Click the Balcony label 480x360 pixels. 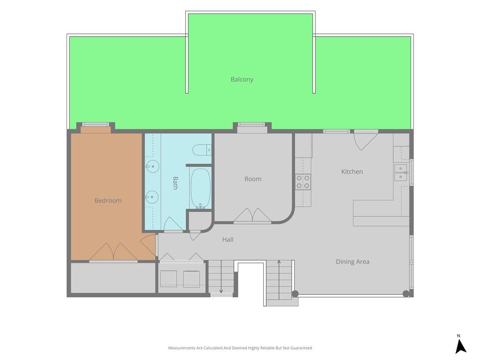[x=242, y=79]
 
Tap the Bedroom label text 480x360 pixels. [x=108, y=201]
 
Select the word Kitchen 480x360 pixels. [x=352, y=172]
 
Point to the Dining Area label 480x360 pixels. [x=352, y=262]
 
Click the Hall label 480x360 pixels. [x=228, y=240]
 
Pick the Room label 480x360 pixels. [x=253, y=179]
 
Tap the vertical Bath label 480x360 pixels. [x=175, y=183]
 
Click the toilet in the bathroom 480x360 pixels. [x=202, y=150]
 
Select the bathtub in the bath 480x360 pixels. [x=201, y=188]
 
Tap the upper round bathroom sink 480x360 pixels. [x=153, y=167]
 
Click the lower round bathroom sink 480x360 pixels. [x=152, y=197]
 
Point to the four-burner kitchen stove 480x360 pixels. [x=303, y=182]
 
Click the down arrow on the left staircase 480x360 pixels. [x=221, y=277]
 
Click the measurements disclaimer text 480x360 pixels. [x=240, y=348]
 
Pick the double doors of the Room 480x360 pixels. [x=253, y=215]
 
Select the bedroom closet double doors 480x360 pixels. [x=113, y=252]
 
